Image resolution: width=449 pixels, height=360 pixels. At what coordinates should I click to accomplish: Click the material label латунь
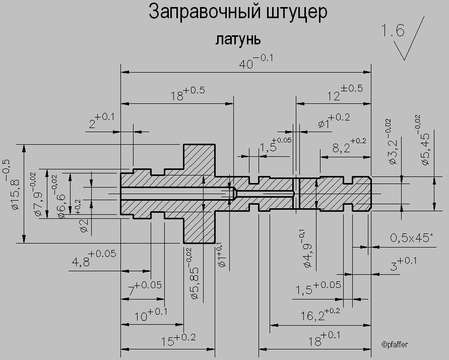click(x=238, y=39)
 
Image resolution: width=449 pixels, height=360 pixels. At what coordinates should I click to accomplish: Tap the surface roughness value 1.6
click(x=393, y=31)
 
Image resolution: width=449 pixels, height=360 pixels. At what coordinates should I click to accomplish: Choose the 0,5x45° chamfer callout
click(x=411, y=237)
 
